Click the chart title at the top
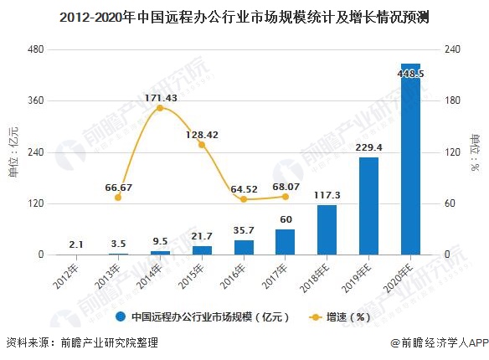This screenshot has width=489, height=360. pyautogui.click(x=244, y=16)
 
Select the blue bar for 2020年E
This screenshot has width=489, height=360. pyautogui.click(x=410, y=159)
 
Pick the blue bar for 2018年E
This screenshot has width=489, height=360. pyautogui.click(x=327, y=230)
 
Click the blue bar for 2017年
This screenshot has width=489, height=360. pyautogui.click(x=286, y=242)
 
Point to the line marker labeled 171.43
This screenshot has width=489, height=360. pyautogui.click(x=160, y=108)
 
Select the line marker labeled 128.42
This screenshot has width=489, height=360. pyautogui.click(x=202, y=145)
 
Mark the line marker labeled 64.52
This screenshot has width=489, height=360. pyautogui.click(x=244, y=199)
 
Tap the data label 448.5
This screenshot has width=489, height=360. pyautogui.click(x=410, y=74)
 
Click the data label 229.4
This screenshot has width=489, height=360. pyautogui.click(x=368, y=147)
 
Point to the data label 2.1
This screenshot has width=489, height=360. pyautogui.click(x=76, y=244)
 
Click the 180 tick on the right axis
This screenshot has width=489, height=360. pyautogui.click(x=451, y=100)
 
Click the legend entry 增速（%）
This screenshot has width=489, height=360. pyautogui.click(x=339, y=317)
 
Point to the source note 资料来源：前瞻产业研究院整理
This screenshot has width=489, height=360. pyautogui.click(x=81, y=343)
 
